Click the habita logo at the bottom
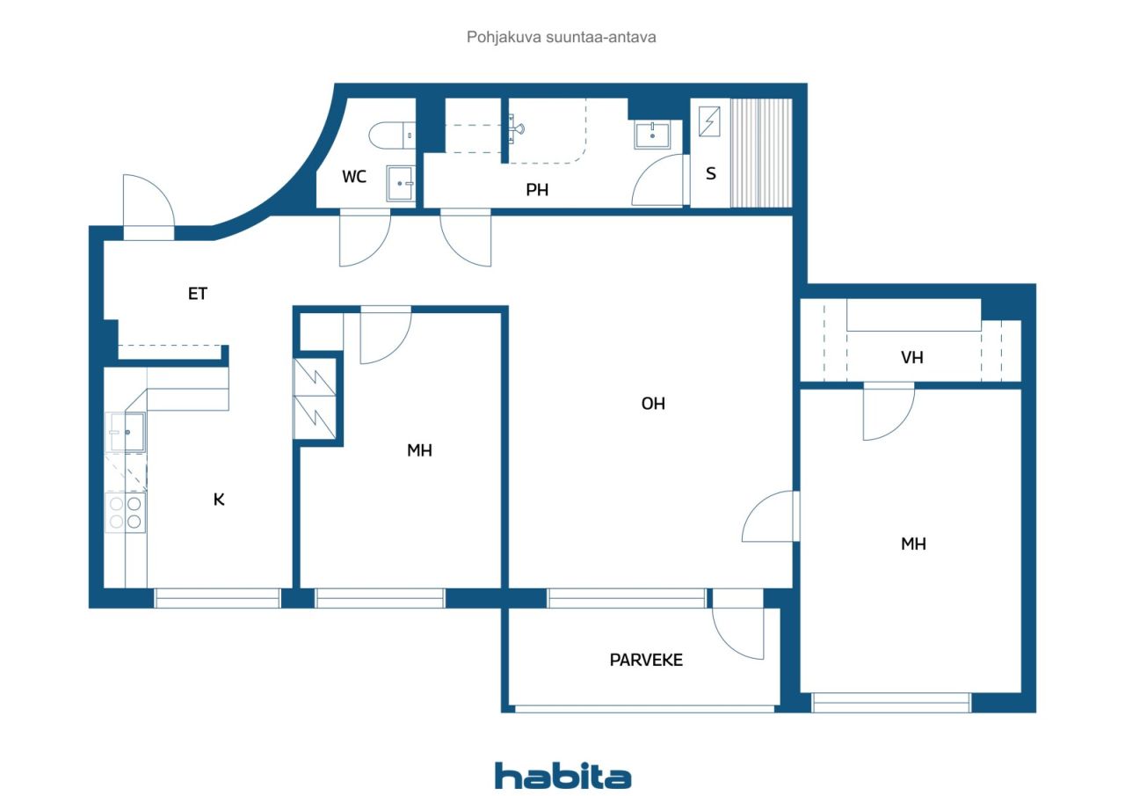(x=562, y=776)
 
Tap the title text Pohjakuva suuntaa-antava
(x=561, y=37)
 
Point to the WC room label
(x=354, y=177)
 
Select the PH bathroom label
(x=537, y=190)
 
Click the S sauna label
(x=711, y=173)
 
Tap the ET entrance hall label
(x=198, y=294)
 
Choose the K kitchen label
(x=219, y=500)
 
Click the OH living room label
(x=653, y=404)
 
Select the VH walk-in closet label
(x=912, y=358)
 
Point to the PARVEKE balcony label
(x=646, y=661)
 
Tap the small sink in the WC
(x=401, y=184)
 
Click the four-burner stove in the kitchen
(x=126, y=512)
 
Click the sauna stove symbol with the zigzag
(x=709, y=121)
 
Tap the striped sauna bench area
(x=760, y=153)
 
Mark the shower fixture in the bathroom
(x=516, y=129)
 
